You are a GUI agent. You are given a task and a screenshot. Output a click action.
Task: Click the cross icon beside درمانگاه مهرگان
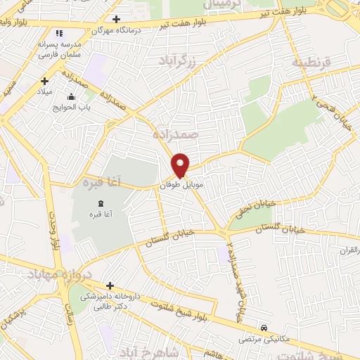117,20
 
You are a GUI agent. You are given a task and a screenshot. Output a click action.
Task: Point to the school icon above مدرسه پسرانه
59,32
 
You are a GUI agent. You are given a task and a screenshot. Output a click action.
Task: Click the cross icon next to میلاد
45,81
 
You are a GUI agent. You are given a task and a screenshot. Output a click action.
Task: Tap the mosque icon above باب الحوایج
70,96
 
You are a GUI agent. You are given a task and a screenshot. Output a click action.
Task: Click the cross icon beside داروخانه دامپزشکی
110,285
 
